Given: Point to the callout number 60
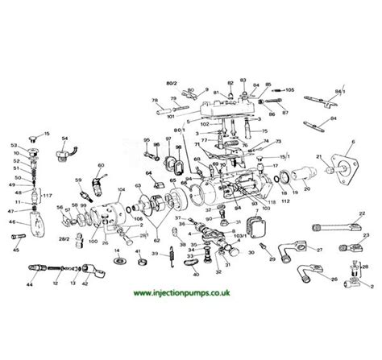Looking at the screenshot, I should coord(100,166).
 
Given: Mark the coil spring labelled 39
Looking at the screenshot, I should coord(172,259).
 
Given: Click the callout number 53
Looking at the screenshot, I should coord(15,145).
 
